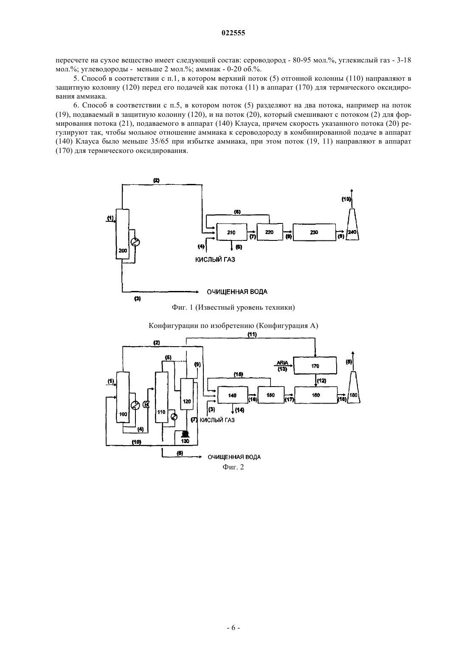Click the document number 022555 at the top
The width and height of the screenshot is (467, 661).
tap(233, 33)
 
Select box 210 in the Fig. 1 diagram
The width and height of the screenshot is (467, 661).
tap(232, 232)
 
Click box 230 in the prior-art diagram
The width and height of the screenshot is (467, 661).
tap(314, 232)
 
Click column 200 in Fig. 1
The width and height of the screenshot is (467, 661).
tap(122, 234)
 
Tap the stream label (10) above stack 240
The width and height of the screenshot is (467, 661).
tap(346, 199)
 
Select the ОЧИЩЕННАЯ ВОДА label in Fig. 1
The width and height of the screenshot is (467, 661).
tap(237, 292)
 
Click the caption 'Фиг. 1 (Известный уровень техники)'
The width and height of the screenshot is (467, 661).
tap(233, 308)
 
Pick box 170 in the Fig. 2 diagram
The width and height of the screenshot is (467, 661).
tap(315, 366)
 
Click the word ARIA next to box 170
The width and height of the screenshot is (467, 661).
tap(282, 363)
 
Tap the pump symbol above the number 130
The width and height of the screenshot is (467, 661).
tap(185, 434)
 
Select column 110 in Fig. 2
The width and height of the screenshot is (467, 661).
tap(162, 397)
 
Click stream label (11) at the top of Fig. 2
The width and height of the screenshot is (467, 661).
tap(252, 334)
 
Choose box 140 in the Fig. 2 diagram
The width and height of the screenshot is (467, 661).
tap(232, 395)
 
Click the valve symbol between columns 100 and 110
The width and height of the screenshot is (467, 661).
tap(146, 405)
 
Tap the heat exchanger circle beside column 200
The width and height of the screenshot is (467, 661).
tap(135, 242)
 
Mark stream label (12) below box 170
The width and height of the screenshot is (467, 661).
tap(322, 381)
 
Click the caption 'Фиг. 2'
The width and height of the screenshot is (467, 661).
tap(233, 467)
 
